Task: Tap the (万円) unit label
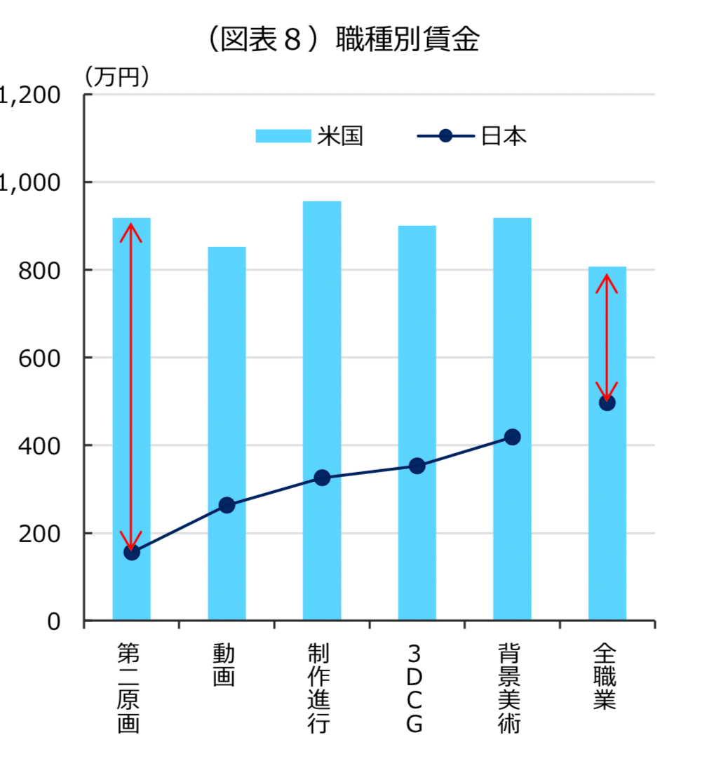coord(117,77)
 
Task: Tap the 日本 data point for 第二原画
coord(132,552)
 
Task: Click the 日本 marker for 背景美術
coord(513,437)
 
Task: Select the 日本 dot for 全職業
coord(607,403)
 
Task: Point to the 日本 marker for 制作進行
coord(322,478)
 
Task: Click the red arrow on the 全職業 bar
coord(607,337)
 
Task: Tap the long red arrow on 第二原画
coord(131,386)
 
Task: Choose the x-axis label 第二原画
coord(128,688)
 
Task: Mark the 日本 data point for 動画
coord(227,505)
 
